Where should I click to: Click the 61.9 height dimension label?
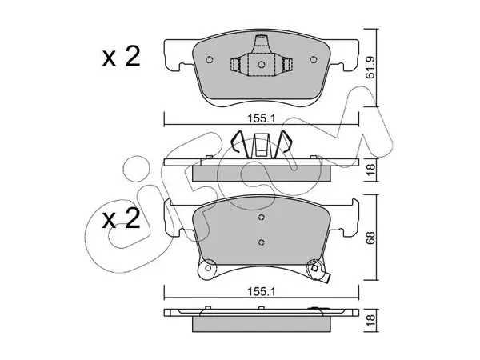(x=370, y=68)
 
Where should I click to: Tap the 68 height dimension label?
(x=370, y=238)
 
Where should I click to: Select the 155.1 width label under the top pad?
(x=262, y=118)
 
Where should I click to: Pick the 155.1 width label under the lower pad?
(x=262, y=292)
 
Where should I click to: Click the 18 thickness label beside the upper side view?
(x=370, y=170)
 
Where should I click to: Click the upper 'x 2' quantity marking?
(x=122, y=57)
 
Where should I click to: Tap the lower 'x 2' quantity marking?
(x=122, y=218)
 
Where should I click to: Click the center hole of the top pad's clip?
(x=261, y=65)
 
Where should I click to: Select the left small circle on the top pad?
(x=210, y=59)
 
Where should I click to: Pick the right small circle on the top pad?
(x=313, y=59)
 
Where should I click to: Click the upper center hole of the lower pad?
(x=261, y=218)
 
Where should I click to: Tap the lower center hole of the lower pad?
(x=261, y=242)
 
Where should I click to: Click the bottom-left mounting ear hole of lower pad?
(x=208, y=268)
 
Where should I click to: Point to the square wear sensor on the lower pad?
(x=314, y=268)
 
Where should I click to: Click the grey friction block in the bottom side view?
(x=262, y=324)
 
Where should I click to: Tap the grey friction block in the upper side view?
(x=262, y=174)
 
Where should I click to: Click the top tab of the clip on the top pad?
(x=261, y=40)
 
